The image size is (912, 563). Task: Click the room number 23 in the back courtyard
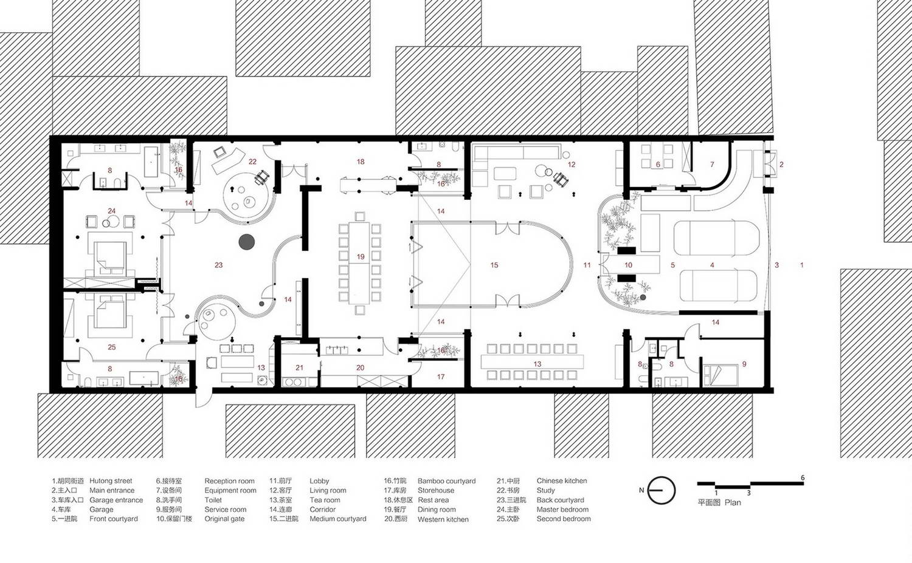[219, 265]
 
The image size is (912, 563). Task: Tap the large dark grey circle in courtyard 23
[247, 242]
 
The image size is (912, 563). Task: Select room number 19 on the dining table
[361, 257]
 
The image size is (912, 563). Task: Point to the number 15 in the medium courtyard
[494, 265]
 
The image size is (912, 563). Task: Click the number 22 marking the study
[252, 162]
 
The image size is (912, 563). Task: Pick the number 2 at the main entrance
[781, 165]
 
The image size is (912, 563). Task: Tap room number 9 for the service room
[744, 364]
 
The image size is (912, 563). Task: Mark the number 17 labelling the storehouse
[441, 377]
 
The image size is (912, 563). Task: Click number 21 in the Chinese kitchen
[299, 367]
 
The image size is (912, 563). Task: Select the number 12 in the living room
[572, 165]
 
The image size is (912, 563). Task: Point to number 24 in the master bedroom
[111, 211]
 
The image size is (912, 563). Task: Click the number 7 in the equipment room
[712, 165]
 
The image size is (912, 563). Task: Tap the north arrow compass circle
[662, 490]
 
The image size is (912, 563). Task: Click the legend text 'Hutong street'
[111, 481]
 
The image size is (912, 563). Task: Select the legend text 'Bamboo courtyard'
[447, 481]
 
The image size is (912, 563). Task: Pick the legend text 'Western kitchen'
[443, 519]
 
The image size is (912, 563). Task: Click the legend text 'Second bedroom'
[564, 519]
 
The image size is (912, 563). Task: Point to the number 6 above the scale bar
[803, 477]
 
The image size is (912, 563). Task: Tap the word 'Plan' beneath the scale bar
[733, 502]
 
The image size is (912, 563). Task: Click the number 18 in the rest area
[361, 162]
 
